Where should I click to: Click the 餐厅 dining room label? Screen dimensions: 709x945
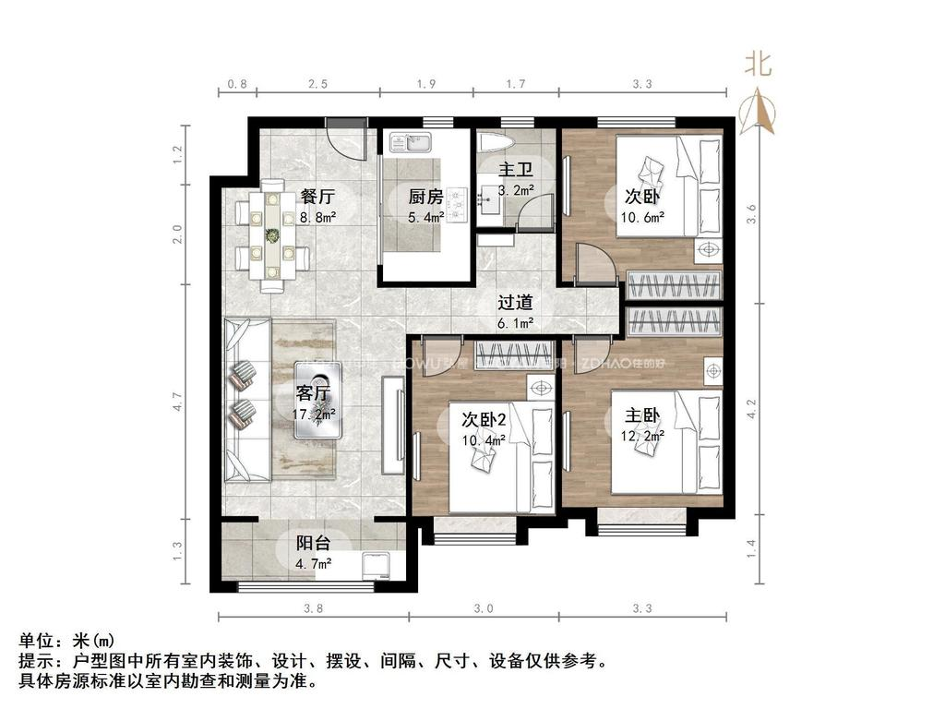point(317,197)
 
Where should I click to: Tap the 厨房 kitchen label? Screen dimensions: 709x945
point(426,197)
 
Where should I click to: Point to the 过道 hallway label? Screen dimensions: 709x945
point(515,303)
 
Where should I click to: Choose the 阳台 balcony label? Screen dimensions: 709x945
point(314,543)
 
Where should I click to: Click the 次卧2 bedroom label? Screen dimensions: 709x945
point(484,420)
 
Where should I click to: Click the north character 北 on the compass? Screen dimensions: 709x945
point(760,64)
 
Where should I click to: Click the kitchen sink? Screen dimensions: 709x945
point(410,143)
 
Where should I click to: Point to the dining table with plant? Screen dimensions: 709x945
point(271,237)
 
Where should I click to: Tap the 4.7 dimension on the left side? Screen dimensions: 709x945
point(178,403)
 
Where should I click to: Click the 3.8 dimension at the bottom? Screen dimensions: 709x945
point(313,608)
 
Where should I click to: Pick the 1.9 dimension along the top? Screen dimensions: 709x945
point(425,85)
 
